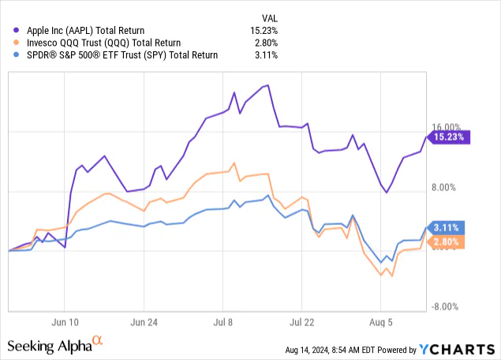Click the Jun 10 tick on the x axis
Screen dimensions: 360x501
[68, 322]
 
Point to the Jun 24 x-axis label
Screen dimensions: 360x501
[145, 322]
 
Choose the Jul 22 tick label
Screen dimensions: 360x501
[302, 322]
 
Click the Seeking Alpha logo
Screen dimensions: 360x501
[55, 345]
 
